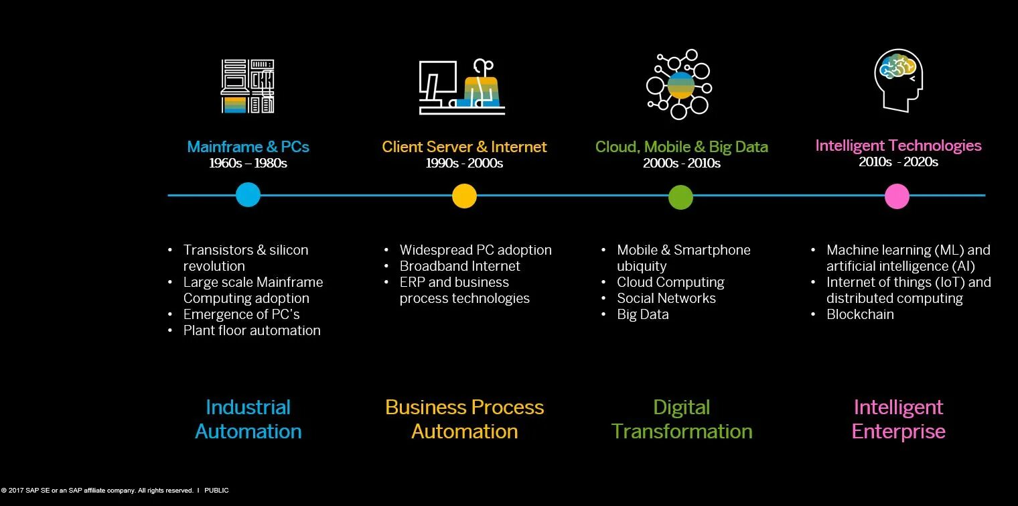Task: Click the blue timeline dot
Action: click(x=248, y=195)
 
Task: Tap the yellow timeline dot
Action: click(x=464, y=196)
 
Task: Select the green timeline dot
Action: click(x=680, y=196)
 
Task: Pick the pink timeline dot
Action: click(x=897, y=196)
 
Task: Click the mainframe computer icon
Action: click(x=248, y=86)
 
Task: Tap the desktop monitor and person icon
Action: click(x=462, y=87)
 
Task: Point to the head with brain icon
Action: click(x=898, y=80)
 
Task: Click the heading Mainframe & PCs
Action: click(x=248, y=147)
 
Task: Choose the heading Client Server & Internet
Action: click(x=464, y=147)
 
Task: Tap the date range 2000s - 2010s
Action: click(x=681, y=163)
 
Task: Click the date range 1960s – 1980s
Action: click(x=248, y=163)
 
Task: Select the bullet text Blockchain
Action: click(x=860, y=314)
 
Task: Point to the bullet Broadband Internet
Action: click(x=459, y=266)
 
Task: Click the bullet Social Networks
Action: click(x=666, y=298)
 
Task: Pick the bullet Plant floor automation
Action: click(x=252, y=330)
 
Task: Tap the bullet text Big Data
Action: click(x=643, y=314)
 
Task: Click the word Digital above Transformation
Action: click(x=681, y=407)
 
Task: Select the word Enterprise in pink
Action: click(x=898, y=432)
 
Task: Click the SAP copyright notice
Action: click(x=115, y=491)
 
